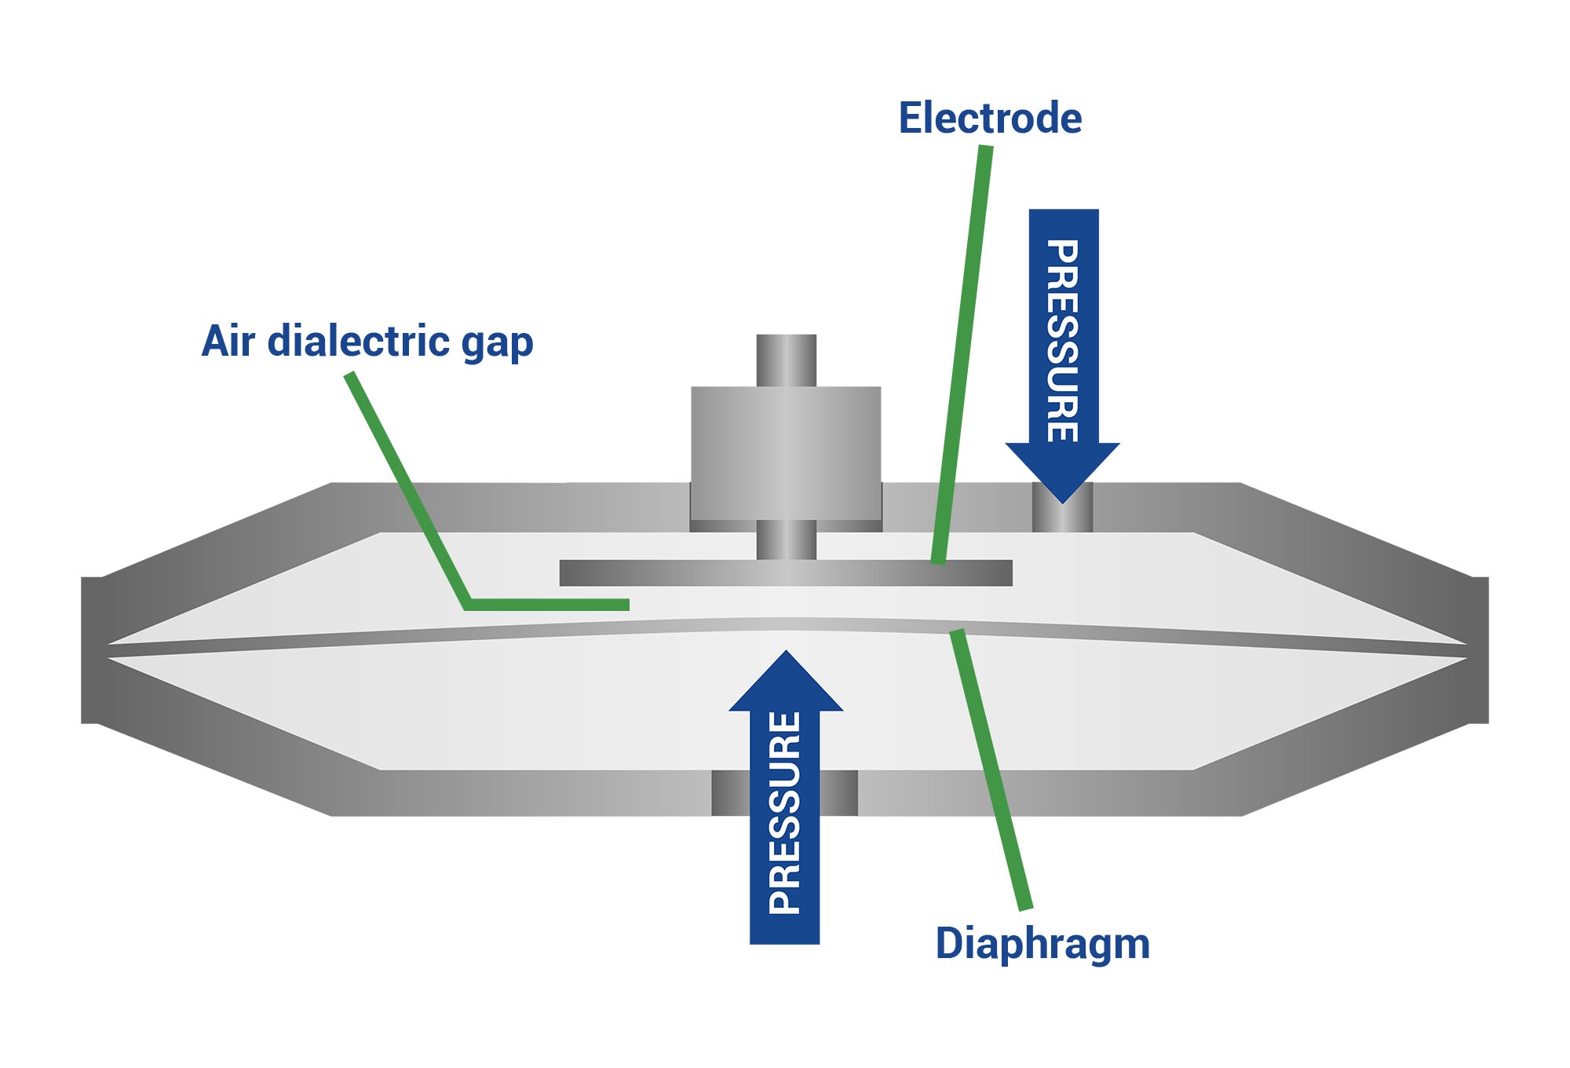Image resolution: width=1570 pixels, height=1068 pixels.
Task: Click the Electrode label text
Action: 990,119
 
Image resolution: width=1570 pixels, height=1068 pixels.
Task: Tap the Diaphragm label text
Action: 1042,943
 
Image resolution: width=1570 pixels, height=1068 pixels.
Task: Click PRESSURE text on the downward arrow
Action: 1062,341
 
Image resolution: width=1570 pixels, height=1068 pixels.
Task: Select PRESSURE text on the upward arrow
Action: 785,813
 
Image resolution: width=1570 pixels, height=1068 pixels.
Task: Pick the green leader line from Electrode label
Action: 962,353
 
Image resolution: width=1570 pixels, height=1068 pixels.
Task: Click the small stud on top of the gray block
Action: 786,360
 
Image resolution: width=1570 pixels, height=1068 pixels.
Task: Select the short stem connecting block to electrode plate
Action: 786,540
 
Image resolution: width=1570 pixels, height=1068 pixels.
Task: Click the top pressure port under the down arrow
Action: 1062,514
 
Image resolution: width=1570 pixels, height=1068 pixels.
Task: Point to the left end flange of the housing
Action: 92,649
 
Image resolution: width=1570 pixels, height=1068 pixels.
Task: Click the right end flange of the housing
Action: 1478,649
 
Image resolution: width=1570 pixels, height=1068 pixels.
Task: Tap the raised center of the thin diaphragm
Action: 785,624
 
